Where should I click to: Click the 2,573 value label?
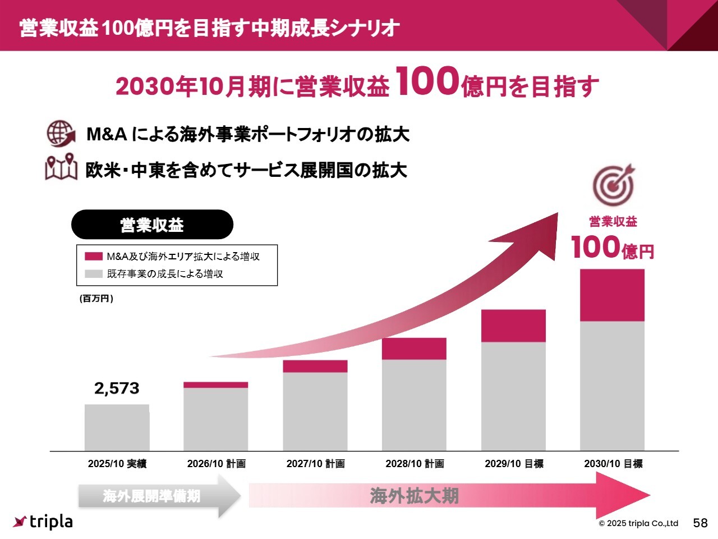117,388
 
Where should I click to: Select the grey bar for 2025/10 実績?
117,427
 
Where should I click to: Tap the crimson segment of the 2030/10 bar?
612,295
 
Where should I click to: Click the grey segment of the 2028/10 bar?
414,404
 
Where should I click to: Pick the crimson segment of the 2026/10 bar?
216,385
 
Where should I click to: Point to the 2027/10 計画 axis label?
315,464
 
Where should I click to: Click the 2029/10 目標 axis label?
514,464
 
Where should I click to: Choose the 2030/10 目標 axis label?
613,464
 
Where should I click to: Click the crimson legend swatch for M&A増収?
93,257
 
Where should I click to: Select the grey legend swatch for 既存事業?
93,274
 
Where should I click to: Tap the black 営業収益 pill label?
152,225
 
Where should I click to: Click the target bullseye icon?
614,184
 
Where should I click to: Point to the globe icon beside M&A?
61,134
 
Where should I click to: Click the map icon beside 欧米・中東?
61,167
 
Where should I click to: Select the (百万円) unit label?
96,299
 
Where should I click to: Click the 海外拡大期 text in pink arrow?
414,496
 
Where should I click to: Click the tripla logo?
43,522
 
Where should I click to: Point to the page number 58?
700,523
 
